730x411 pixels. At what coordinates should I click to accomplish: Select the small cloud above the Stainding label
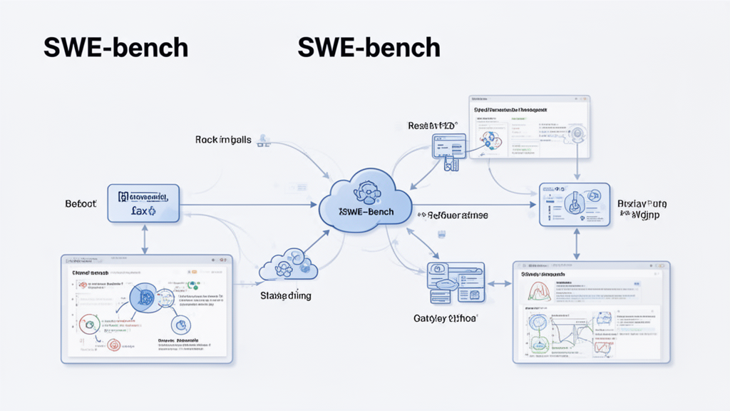pyautogui.click(x=288, y=264)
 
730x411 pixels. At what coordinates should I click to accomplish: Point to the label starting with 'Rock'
pyautogui.click(x=222, y=140)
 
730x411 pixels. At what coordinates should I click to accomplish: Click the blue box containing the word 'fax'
pyautogui.click(x=143, y=203)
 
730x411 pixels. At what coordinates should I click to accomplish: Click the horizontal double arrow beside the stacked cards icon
pyautogui.click(x=499, y=283)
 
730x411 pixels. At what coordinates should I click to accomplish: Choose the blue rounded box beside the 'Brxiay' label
pyautogui.click(x=573, y=204)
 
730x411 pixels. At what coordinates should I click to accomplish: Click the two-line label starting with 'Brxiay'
pyautogui.click(x=642, y=208)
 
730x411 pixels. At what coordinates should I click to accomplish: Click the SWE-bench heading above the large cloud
pyautogui.click(x=369, y=47)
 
